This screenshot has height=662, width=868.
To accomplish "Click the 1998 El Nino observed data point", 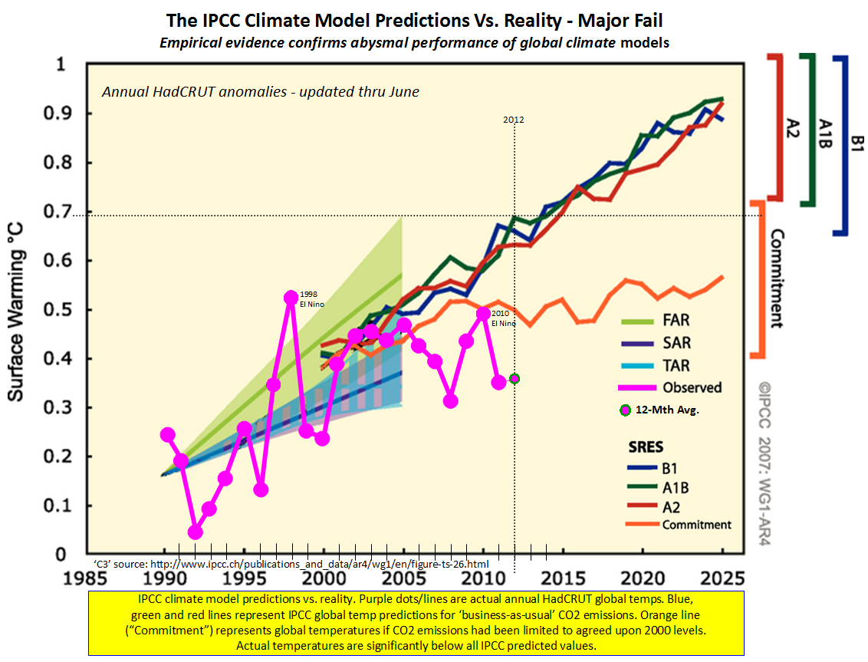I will pos(291,298).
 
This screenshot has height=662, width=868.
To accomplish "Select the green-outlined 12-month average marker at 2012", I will pos(515,378).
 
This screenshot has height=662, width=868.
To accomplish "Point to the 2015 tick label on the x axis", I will pos(564,577).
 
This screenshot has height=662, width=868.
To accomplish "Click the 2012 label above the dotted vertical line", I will pos(514,120).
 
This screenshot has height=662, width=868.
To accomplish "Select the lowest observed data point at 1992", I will pos(195,532).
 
